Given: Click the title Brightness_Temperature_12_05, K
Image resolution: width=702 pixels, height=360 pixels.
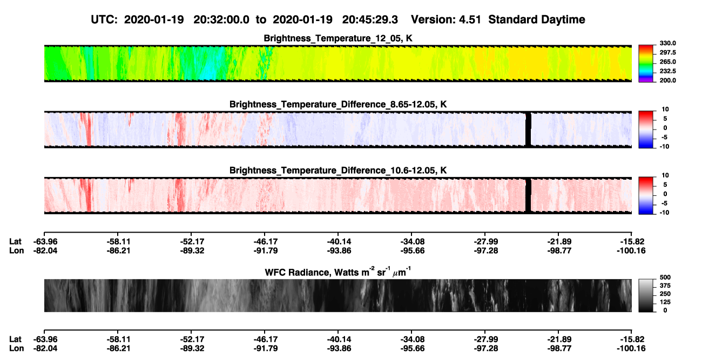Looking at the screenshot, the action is coord(338,38).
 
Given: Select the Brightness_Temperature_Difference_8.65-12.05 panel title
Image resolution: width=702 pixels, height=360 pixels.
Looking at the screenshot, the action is coord(338,104).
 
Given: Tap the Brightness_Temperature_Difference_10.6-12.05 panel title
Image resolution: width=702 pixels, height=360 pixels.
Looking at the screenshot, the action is coord(338,171).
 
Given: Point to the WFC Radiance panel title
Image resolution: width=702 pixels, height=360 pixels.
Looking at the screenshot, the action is coord(338,272).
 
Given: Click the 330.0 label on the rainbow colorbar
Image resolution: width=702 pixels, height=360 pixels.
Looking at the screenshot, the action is coord(667,43).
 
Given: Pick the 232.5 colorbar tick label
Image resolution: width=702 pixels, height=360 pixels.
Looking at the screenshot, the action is coord(667,71).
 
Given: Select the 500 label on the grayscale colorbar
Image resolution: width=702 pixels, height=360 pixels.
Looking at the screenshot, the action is coord(665,277).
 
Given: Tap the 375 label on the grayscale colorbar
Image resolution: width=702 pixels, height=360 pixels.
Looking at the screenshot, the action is coord(665,286).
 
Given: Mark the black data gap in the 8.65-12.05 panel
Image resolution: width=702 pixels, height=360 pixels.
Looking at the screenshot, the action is coord(528,130).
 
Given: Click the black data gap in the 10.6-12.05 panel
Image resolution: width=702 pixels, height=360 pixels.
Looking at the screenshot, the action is coord(528,195).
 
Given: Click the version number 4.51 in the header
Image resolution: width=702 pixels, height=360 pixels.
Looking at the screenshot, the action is coord(470,20).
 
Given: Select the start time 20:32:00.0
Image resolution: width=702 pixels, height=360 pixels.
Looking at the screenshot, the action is coord(221,20).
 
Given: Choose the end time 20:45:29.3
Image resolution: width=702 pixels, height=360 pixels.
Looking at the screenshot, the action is coord(370,20).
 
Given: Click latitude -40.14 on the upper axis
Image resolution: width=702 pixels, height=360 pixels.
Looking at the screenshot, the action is coord(339,242).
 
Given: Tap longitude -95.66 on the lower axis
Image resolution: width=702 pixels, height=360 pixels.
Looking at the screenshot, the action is coord(413,349).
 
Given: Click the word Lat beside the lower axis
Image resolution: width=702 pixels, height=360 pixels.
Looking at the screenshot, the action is coord(15,339).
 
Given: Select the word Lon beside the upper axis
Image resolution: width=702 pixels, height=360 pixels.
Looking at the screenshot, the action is coord(16,250).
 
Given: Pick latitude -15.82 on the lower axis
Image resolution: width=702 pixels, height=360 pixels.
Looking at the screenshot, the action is coord(632,339).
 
